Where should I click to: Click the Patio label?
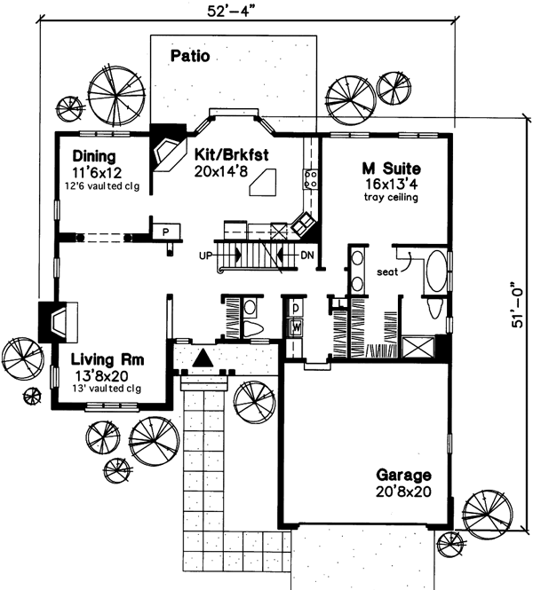coord(189,57)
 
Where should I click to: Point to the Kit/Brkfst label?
coord(232,153)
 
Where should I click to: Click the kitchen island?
coord(265,185)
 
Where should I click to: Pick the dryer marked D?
coord(295,309)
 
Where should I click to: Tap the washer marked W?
coord(295,326)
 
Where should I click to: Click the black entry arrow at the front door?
coord(203,358)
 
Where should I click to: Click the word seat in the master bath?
coord(387,271)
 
